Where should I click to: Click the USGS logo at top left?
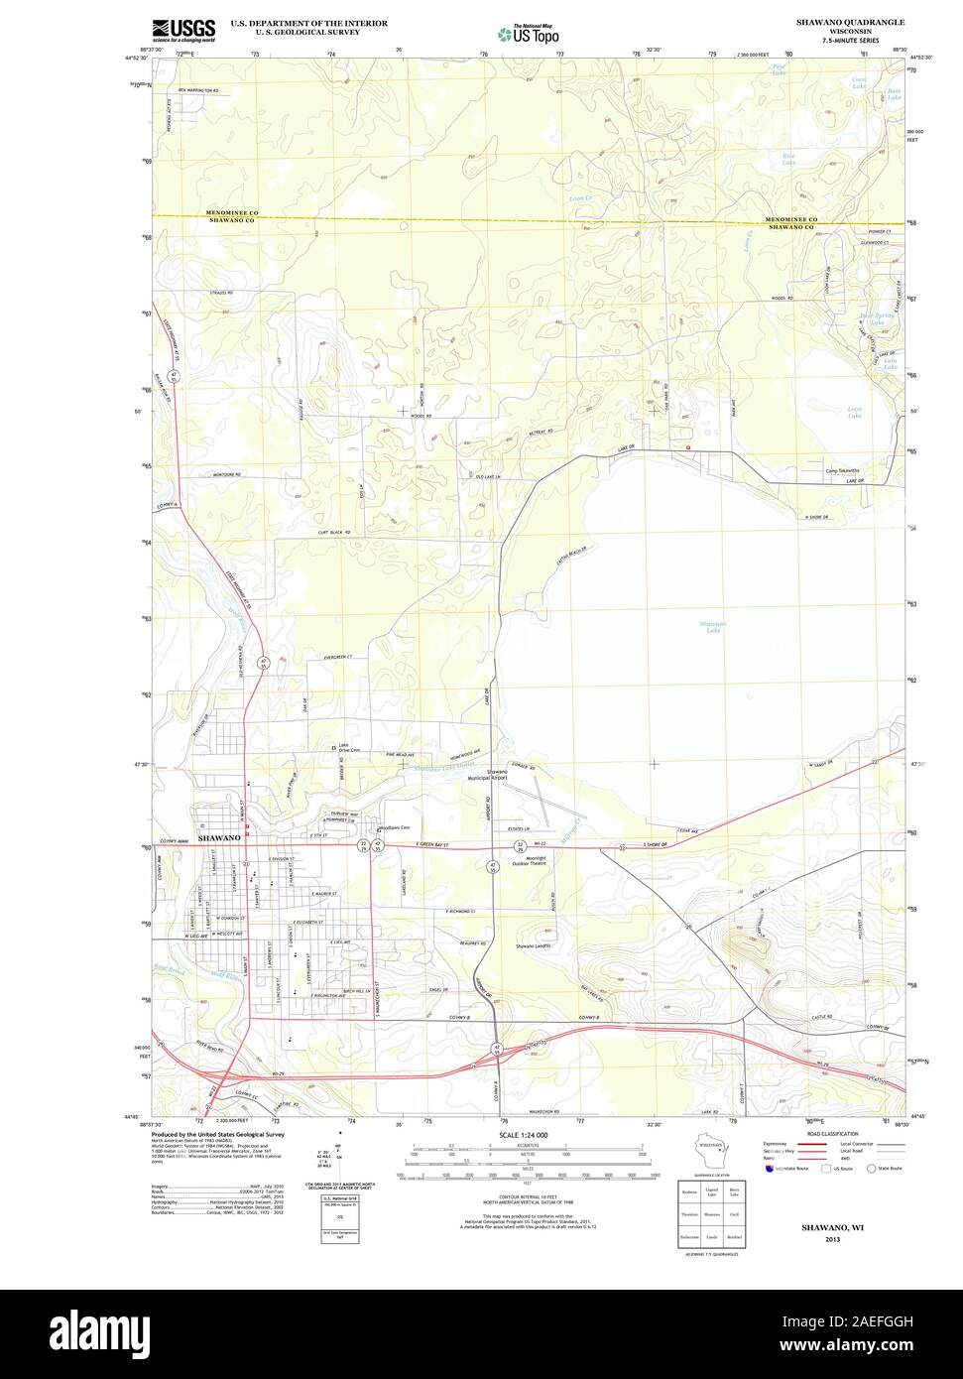(x=183, y=30)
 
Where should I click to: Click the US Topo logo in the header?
(x=528, y=34)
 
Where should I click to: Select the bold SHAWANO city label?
(x=219, y=838)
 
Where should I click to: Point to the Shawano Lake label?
(x=713, y=626)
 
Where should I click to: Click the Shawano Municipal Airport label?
(x=487, y=775)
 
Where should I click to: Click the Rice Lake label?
(x=787, y=159)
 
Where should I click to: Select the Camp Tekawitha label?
(x=840, y=470)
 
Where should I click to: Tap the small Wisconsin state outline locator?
(x=709, y=1157)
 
